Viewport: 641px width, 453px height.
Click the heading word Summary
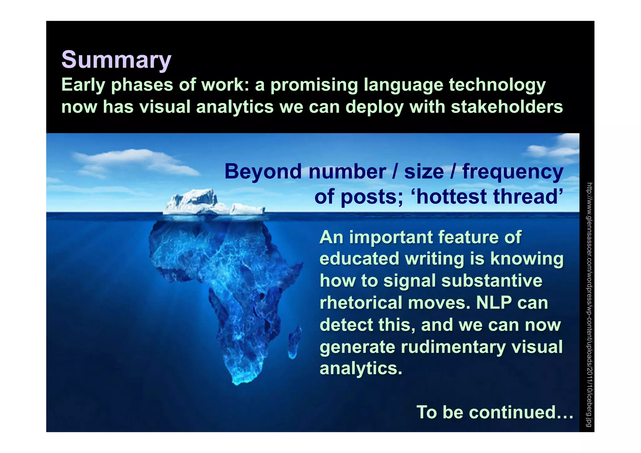(116, 59)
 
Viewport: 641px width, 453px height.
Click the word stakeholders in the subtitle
(507, 107)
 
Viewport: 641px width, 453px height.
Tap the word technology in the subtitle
(497, 85)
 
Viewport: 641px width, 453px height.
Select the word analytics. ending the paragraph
(361, 368)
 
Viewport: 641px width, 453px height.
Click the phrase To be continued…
(495, 412)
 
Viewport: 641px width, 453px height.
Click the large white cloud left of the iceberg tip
(131, 160)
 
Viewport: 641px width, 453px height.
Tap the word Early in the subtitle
(83, 85)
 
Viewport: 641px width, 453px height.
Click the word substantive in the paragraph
(492, 281)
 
